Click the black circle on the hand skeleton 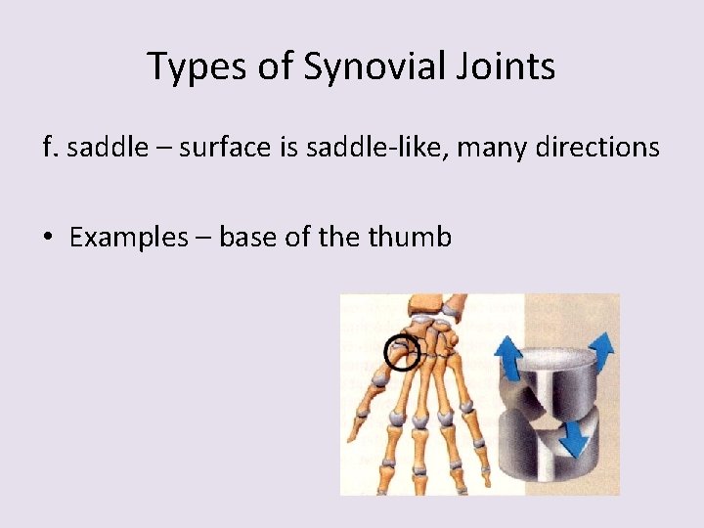[x=401, y=353]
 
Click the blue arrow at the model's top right [x=601, y=347]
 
